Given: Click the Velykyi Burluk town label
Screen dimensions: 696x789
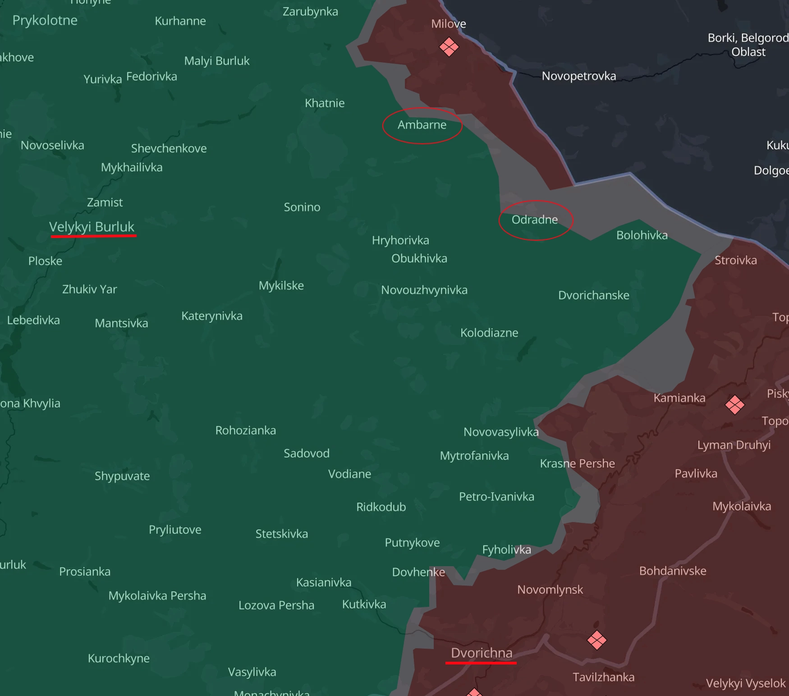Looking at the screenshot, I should click(92, 227).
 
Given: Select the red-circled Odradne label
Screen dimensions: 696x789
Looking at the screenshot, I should click(535, 220).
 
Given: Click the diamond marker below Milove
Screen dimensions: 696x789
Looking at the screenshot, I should click(449, 47).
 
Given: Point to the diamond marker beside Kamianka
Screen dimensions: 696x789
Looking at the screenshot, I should click(734, 405).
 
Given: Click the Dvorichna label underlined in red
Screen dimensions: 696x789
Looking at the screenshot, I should click(482, 653).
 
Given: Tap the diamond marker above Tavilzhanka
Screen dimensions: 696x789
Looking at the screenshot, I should click(596, 640).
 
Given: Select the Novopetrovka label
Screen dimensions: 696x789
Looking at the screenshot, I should click(578, 76).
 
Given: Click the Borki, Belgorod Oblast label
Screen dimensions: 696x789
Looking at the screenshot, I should click(748, 45).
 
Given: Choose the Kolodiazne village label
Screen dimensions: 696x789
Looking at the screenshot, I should click(489, 333).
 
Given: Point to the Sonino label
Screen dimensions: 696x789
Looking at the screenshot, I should click(302, 207).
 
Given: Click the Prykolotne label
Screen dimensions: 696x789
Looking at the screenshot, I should click(45, 20).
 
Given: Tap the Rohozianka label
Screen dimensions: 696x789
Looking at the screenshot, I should click(245, 430).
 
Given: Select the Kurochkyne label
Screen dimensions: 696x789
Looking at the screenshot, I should click(119, 658).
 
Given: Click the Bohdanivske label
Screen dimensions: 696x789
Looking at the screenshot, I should click(672, 571).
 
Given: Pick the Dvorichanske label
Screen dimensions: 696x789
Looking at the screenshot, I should click(593, 295).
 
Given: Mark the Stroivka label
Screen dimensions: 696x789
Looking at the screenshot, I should click(735, 260).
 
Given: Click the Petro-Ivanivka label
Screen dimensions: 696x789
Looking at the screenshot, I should click(496, 496).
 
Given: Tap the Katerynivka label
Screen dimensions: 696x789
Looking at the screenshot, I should click(211, 316).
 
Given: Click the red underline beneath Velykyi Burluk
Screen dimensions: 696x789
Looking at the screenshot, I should click(93, 235).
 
